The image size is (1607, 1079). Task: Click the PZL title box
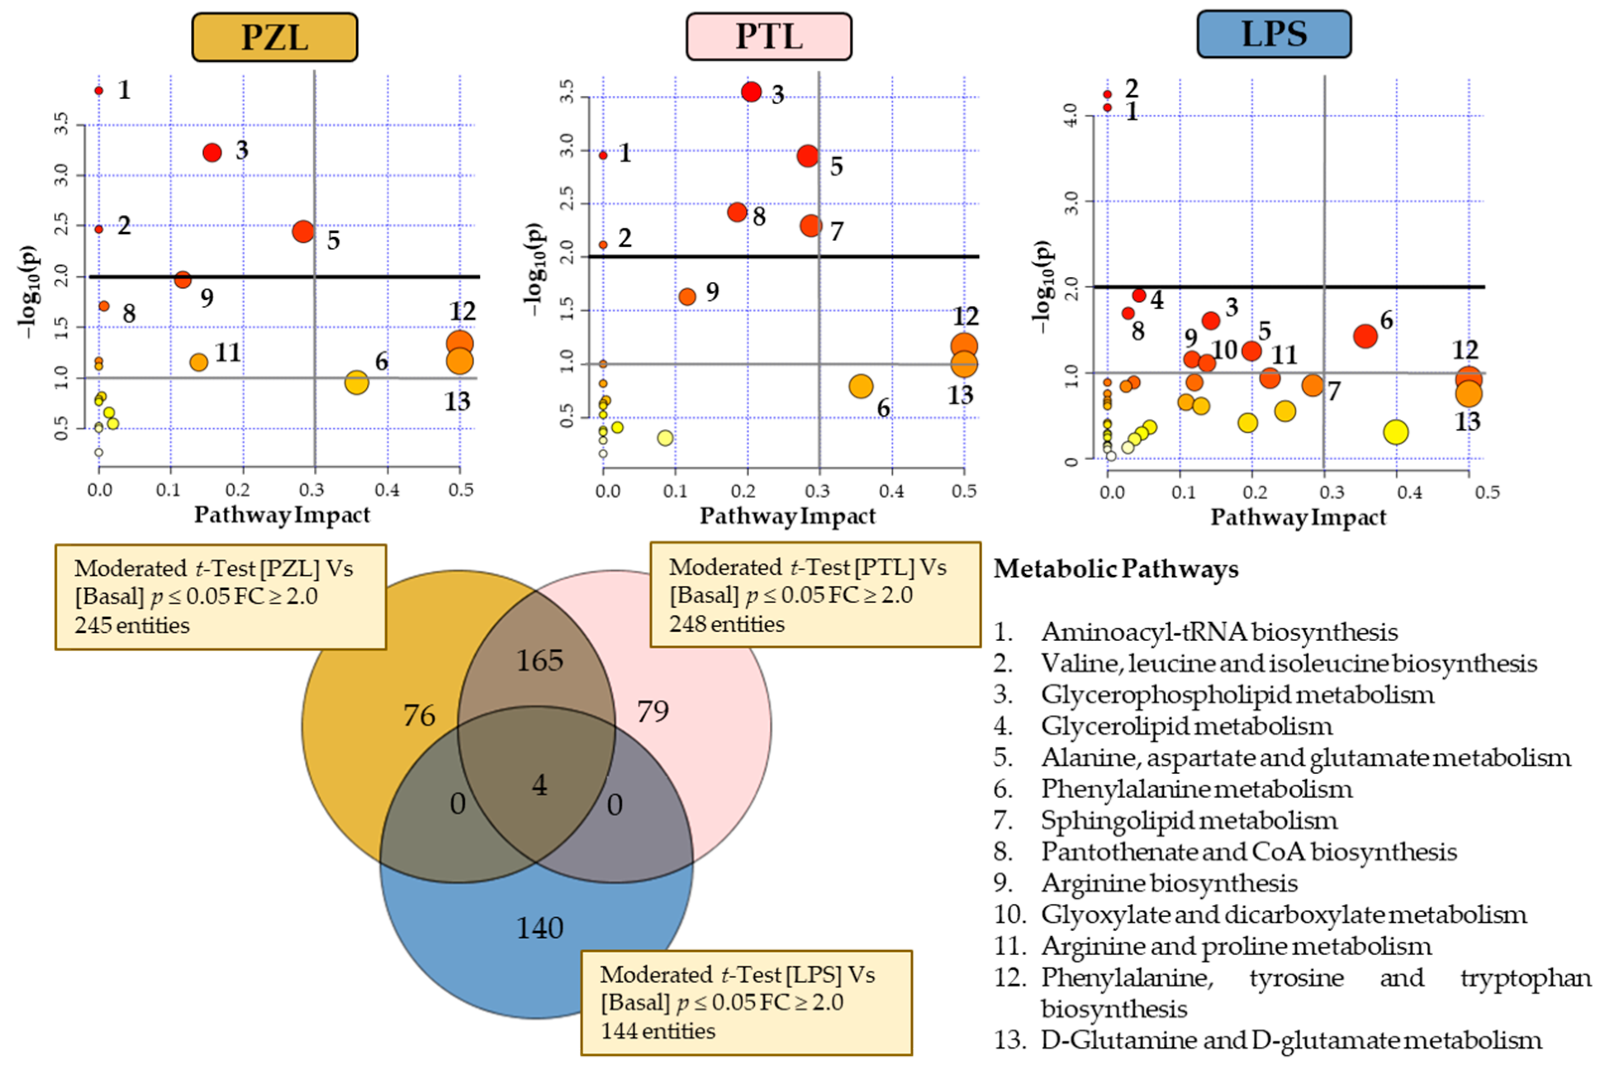click(274, 37)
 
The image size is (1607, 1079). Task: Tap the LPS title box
click(1274, 34)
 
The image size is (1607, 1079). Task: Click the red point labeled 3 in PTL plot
click(751, 91)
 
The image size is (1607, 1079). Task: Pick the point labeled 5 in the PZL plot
click(303, 231)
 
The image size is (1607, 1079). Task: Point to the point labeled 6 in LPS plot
click(1365, 336)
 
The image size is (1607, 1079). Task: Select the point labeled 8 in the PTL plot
click(737, 212)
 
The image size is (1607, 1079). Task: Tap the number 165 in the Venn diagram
click(540, 661)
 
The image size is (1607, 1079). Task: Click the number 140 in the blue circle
click(540, 928)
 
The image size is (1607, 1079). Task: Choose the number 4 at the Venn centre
click(539, 785)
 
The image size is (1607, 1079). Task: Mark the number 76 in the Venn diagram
click(419, 716)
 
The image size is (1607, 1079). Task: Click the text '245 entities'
click(132, 625)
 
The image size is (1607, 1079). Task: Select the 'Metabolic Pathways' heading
click(1116, 569)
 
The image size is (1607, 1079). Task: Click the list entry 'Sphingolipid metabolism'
click(1189, 820)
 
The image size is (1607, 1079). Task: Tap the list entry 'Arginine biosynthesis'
click(1169, 883)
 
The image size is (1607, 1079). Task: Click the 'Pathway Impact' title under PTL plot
click(788, 516)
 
